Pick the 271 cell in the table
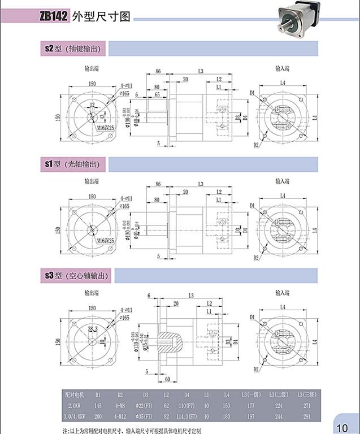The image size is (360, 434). click(x=307, y=405)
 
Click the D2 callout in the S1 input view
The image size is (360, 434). click(x=256, y=258)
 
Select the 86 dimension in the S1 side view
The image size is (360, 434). click(x=158, y=184)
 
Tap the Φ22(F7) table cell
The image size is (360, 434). click(x=145, y=405)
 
